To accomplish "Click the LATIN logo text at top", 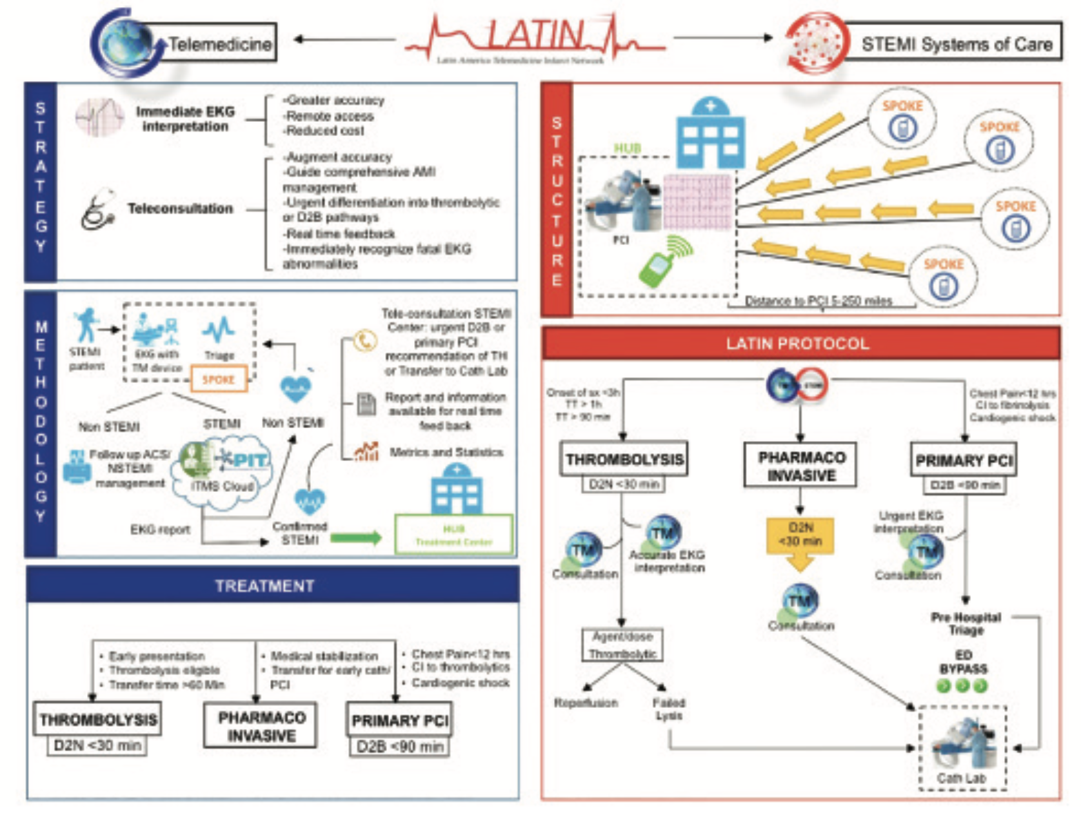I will click(535, 35).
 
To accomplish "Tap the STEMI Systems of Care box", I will click(955, 44).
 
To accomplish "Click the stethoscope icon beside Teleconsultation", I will click(98, 210).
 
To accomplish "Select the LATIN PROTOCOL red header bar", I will click(800, 343).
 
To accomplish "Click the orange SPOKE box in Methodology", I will click(219, 379).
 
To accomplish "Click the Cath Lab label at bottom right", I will click(961, 778).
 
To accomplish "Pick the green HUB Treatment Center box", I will click(454, 535).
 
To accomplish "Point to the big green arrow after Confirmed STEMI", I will click(357, 538).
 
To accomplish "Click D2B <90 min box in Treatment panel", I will click(400, 747).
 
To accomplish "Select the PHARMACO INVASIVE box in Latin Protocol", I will click(800, 466).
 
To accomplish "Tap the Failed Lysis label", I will click(668, 709).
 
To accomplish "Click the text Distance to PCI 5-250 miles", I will click(818, 300).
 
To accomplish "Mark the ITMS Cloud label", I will click(223, 486).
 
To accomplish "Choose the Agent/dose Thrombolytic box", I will click(622, 645).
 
